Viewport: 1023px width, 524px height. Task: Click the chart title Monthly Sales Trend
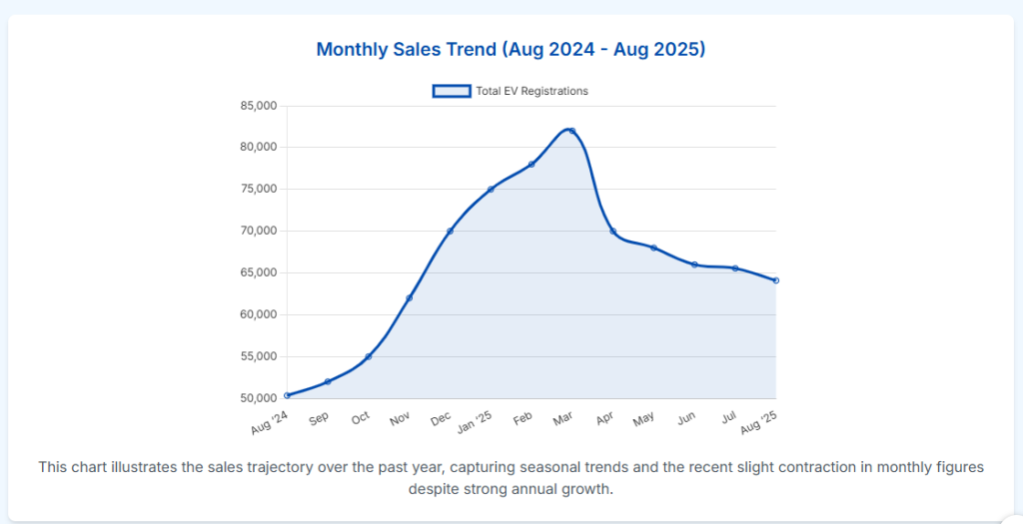(x=511, y=49)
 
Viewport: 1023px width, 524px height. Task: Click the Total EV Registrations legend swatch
(x=451, y=91)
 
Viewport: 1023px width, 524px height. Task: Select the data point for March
(x=572, y=131)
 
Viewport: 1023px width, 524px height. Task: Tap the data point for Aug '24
(x=288, y=395)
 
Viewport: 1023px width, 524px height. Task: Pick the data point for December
(x=451, y=231)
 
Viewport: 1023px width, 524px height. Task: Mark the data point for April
(x=613, y=232)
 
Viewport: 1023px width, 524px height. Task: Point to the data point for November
(x=410, y=297)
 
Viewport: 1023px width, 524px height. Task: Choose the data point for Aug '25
(x=775, y=280)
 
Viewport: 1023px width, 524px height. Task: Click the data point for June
(x=694, y=264)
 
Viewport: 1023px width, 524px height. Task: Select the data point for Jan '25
(x=491, y=190)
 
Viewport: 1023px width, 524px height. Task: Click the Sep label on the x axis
(x=320, y=418)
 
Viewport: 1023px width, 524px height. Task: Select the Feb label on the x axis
(x=522, y=418)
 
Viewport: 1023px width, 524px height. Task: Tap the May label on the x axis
(x=644, y=419)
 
